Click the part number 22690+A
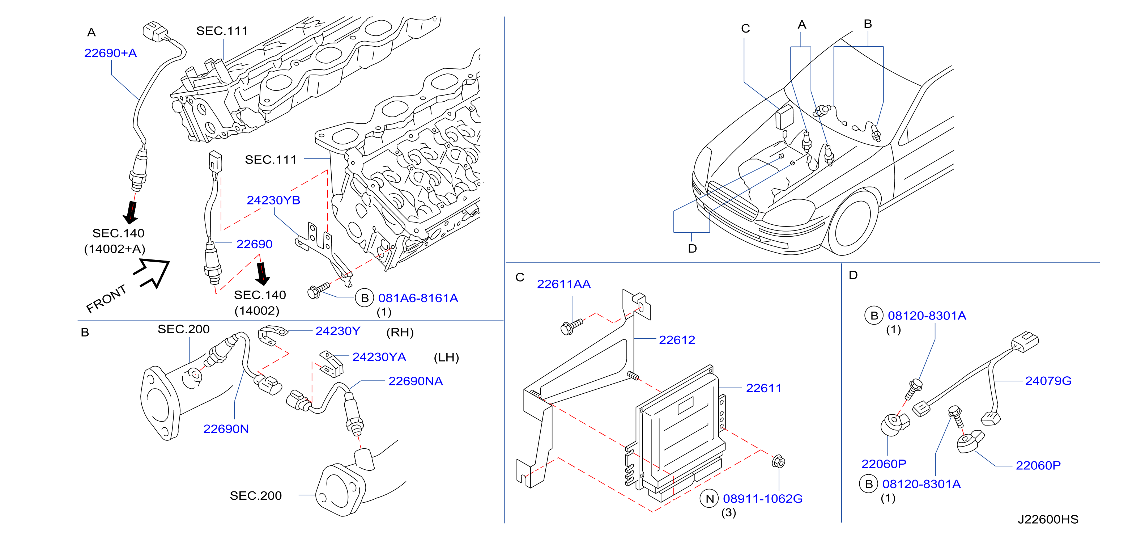coord(110,53)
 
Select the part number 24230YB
coord(273,200)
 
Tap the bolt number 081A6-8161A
coord(418,298)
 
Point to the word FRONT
coord(106,299)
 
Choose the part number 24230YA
coord(379,357)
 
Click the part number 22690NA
coord(416,381)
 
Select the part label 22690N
coord(226,429)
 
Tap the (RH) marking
coord(400,333)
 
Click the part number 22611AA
coord(563,284)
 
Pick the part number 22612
coord(677,340)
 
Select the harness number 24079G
coord(1048,381)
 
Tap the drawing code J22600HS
coord(1048,520)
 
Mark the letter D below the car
coord(692,249)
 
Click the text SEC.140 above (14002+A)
coord(118,233)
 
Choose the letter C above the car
coord(746,29)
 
